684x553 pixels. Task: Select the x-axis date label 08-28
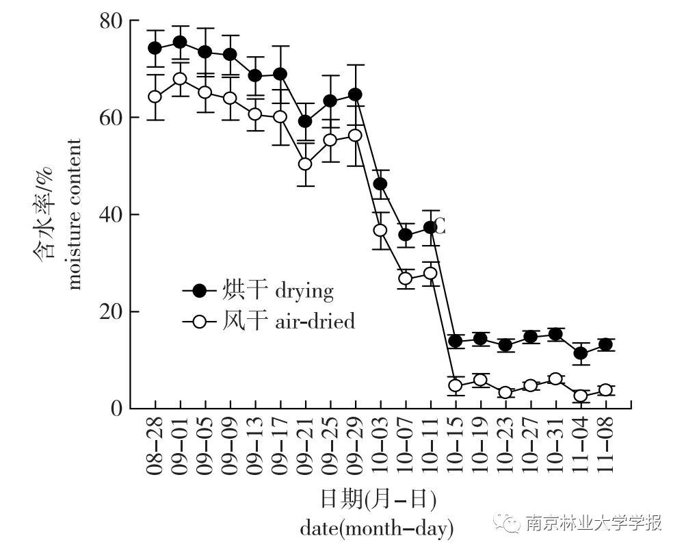pyautogui.click(x=155, y=448)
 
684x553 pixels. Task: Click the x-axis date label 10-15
pyautogui.click(x=456, y=448)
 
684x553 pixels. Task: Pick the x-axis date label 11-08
pyautogui.click(x=606, y=448)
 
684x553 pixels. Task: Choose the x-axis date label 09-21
pyautogui.click(x=305, y=448)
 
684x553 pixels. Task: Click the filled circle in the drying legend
pyautogui.click(x=199, y=291)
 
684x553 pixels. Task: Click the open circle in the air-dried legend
pyautogui.click(x=199, y=321)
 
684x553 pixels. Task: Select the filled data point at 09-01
pyautogui.click(x=180, y=42)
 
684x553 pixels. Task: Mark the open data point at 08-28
pyautogui.click(x=155, y=97)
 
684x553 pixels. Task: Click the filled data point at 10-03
pyautogui.click(x=380, y=183)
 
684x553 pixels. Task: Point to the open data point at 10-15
pyautogui.click(x=456, y=385)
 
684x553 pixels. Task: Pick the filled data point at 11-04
pyautogui.click(x=581, y=354)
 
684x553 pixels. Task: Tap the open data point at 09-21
pyautogui.click(x=305, y=164)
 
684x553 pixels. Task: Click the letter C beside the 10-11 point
pyautogui.click(x=440, y=227)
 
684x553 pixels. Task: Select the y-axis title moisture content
pyautogui.click(x=74, y=214)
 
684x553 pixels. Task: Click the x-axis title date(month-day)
pyautogui.click(x=377, y=528)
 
